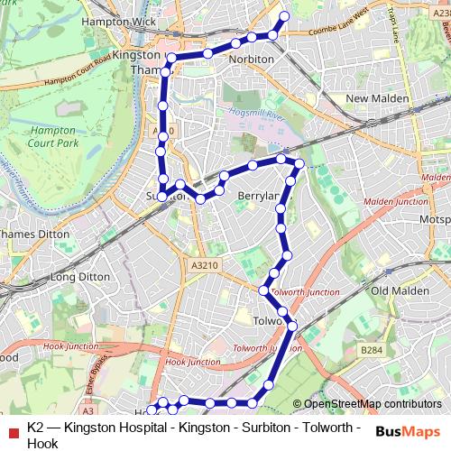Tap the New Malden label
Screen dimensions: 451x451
tap(377, 97)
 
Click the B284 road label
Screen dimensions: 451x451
tap(370, 349)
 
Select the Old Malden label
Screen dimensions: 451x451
tap(397, 290)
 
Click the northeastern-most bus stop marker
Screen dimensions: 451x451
tap(286, 16)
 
